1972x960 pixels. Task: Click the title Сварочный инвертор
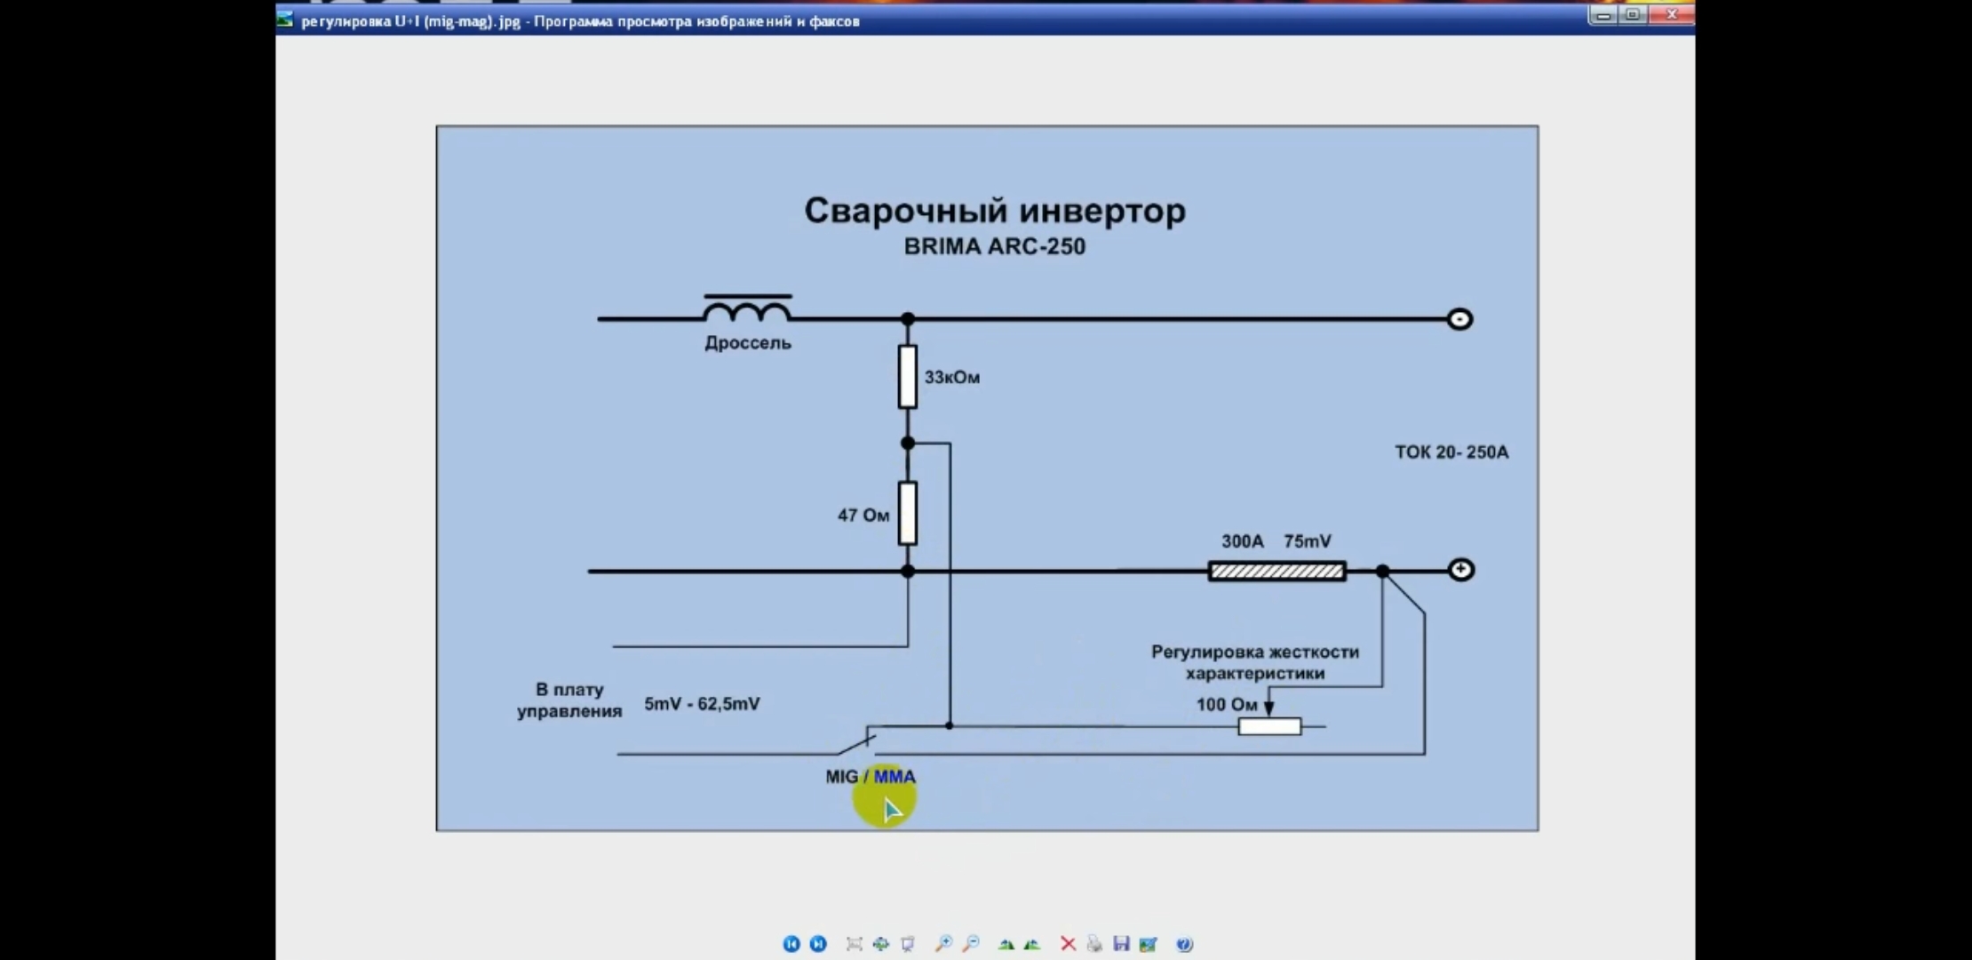click(x=995, y=212)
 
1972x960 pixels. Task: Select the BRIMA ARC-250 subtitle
click(x=994, y=247)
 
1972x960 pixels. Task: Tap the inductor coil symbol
click(x=747, y=310)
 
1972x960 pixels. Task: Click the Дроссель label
click(x=747, y=343)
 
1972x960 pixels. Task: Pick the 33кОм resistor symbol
click(x=907, y=377)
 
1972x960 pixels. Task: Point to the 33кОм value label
click(x=951, y=378)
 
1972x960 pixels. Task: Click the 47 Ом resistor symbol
click(x=907, y=514)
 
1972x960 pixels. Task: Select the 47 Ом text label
click(x=863, y=516)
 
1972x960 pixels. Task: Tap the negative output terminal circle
click(x=1459, y=319)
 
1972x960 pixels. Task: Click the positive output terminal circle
click(x=1460, y=570)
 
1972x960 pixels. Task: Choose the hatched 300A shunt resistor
click(x=1276, y=572)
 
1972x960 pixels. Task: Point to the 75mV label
click(x=1307, y=541)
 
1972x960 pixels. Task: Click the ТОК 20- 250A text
click(x=1451, y=452)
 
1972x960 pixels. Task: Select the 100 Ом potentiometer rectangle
click(x=1269, y=727)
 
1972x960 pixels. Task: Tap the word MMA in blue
click(x=894, y=777)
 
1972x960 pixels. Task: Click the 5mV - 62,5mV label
click(x=702, y=704)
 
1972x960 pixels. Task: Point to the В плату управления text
click(x=569, y=700)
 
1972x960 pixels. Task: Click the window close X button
click(x=1671, y=15)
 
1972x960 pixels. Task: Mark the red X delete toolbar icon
click(x=1068, y=944)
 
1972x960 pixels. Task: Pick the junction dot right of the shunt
click(x=1382, y=572)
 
